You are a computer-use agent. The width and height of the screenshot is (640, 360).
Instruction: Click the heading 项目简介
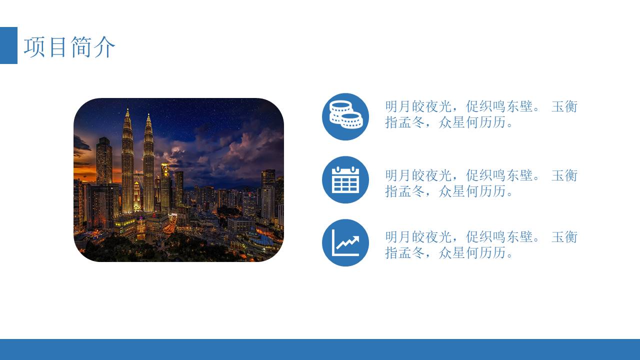tap(69, 47)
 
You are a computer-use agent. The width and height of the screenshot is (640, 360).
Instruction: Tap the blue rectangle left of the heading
tap(8, 45)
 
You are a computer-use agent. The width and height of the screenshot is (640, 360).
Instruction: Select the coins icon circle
tap(345, 116)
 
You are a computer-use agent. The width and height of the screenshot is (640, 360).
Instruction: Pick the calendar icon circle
tap(345, 179)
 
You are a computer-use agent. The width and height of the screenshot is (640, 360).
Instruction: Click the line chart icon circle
tap(345, 242)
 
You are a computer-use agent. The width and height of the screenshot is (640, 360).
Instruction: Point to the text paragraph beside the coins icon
tap(481, 114)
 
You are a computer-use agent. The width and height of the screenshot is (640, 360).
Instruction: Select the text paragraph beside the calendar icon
tap(481, 183)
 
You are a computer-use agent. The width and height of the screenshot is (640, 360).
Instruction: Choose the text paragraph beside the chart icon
tap(481, 244)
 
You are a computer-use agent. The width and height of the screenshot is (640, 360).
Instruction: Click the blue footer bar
tap(320, 349)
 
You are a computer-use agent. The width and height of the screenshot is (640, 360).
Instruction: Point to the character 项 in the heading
tap(35, 47)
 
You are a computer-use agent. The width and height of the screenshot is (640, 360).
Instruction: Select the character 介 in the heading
tap(104, 47)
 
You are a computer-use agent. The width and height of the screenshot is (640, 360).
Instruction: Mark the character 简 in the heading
tap(81, 47)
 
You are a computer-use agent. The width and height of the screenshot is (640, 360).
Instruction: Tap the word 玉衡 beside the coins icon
tap(564, 106)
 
